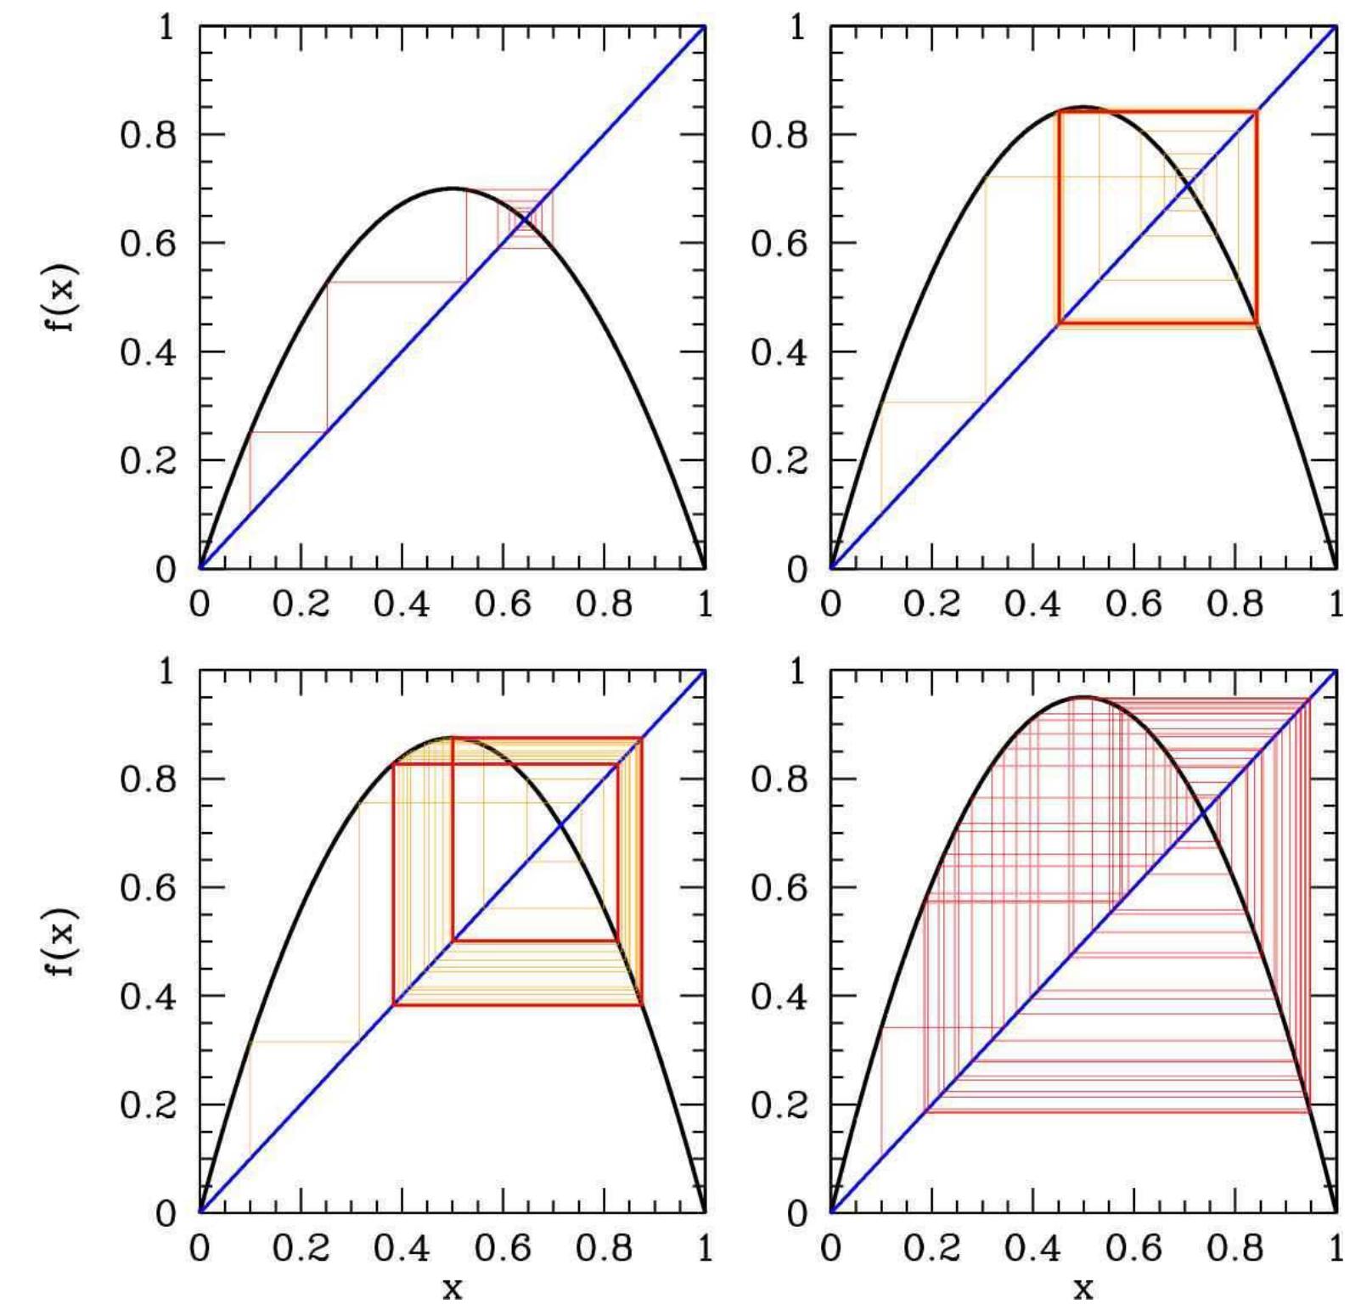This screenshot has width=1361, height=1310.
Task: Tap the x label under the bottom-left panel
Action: [x=453, y=1289]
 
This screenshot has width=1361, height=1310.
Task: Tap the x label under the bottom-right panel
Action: [x=1083, y=1289]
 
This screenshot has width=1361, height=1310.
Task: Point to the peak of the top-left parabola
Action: [x=453, y=188]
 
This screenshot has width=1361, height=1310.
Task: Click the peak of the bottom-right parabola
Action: [x=1083, y=697]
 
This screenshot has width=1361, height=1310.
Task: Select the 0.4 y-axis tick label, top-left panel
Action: [x=148, y=352]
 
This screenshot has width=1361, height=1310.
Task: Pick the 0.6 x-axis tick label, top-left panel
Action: [x=503, y=604]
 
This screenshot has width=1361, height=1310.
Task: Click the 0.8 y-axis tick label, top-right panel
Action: [x=779, y=135]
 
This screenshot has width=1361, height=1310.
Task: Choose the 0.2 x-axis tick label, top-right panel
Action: [x=931, y=604]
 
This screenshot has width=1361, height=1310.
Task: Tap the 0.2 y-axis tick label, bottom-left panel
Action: [x=148, y=1105]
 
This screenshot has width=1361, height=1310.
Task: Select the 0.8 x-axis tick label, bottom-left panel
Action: [x=604, y=1248]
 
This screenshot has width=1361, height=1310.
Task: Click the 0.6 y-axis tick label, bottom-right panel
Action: [x=779, y=888]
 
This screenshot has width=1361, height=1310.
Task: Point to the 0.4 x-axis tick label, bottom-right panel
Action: [x=1032, y=1248]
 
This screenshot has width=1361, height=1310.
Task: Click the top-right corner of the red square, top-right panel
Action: [x=1257, y=112]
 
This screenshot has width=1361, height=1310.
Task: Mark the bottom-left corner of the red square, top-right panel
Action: [x=1059, y=323]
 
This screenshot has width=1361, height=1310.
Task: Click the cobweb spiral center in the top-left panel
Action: [x=526, y=220]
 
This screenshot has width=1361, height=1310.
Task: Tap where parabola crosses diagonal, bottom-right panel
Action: [x=1204, y=813]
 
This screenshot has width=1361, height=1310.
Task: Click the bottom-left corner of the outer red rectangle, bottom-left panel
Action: [x=394, y=1005]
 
